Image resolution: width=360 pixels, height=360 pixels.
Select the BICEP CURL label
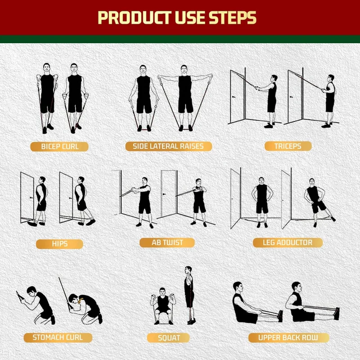[x=59, y=146]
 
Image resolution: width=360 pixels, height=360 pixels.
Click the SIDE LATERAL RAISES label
[x=167, y=146]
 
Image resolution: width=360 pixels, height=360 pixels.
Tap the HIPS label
[x=59, y=244]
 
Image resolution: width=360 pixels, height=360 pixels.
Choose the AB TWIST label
[x=167, y=243]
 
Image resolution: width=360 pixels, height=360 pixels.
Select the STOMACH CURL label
[x=57, y=337]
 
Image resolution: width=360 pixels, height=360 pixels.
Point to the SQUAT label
[x=169, y=337]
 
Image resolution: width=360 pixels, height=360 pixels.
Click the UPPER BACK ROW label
[x=288, y=337]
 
